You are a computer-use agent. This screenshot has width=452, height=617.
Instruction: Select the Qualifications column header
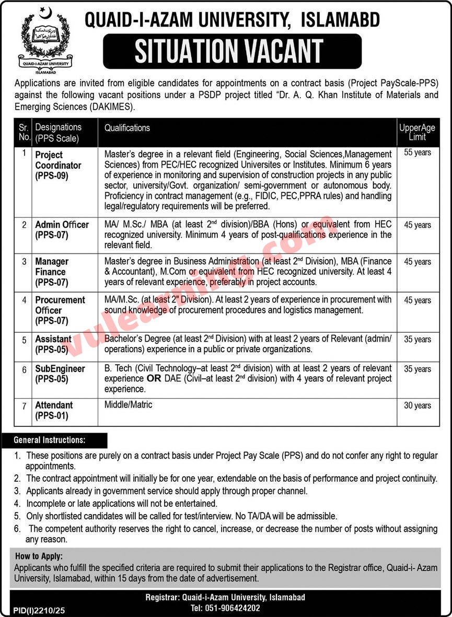[x=127, y=128]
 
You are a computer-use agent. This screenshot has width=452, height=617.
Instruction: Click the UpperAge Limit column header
[x=417, y=133]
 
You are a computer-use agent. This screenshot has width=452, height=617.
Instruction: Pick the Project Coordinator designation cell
[x=58, y=165]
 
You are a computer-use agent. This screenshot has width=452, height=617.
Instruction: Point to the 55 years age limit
[x=418, y=153]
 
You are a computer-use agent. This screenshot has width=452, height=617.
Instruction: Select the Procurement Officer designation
[x=60, y=310]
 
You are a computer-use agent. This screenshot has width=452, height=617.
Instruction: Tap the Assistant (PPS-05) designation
[x=53, y=344]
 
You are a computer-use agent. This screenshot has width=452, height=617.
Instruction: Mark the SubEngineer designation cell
[x=60, y=374]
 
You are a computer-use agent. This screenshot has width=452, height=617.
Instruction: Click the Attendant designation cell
[x=54, y=410]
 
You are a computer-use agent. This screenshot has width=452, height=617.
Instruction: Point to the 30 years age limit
[x=418, y=405]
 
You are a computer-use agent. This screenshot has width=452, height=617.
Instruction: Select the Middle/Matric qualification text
[x=128, y=405]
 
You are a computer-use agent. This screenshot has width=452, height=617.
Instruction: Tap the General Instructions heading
[x=50, y=440]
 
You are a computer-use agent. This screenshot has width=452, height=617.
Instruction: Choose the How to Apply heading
[x=39, y=557]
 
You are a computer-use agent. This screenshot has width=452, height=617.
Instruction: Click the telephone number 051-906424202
[x=226, y=608]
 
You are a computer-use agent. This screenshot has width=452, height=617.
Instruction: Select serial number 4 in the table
[x=24, y=300]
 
